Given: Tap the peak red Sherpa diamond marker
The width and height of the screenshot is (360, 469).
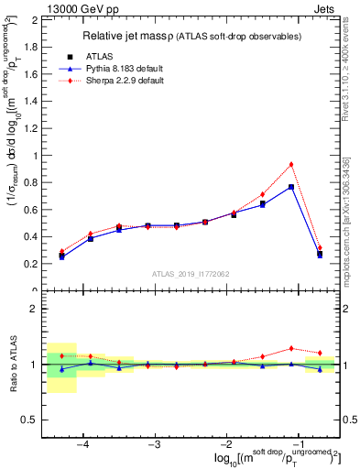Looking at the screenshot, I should click(291, 164).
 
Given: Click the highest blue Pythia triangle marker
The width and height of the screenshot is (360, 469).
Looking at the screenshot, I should click(291, 187).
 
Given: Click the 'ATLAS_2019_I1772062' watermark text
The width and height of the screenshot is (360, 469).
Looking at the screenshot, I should click(190, 273).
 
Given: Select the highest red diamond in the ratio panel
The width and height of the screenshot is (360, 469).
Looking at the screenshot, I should click(291, 348).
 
